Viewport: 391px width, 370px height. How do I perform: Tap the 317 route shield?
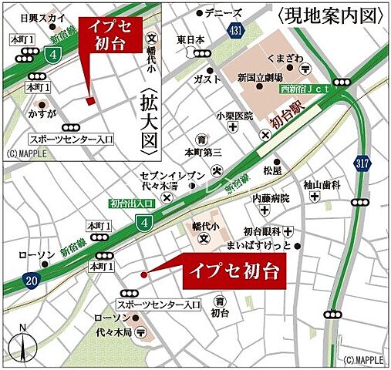click(x=362, y=162)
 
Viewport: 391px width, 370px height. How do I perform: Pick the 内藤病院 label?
click(x=271, y=198)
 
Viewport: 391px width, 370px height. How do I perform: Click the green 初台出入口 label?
click(x=132, y=203)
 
